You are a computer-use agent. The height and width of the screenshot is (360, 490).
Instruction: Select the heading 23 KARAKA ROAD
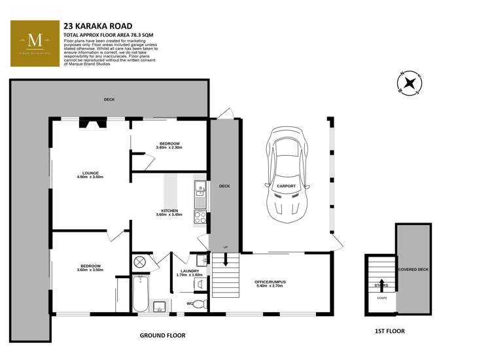pos(97,26)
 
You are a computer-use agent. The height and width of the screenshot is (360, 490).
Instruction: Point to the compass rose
pos(410,84)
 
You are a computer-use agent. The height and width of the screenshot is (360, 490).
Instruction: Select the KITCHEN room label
pos(169,210)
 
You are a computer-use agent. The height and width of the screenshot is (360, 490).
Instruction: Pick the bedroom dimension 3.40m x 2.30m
pos(169,147)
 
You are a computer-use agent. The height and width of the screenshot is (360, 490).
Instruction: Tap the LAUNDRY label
pos(189,270)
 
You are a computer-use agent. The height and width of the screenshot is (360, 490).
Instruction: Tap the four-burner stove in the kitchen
pos(200,219)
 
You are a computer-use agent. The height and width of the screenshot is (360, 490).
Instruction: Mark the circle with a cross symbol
pos(139,262)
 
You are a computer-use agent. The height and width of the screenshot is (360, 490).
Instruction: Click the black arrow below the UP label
pos(225,260)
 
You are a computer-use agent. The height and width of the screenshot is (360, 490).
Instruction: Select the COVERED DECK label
pos(412,269)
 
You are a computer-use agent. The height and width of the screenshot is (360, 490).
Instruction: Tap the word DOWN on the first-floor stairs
pos(381,297)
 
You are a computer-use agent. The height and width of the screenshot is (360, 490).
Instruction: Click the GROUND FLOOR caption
pos(162,335)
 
